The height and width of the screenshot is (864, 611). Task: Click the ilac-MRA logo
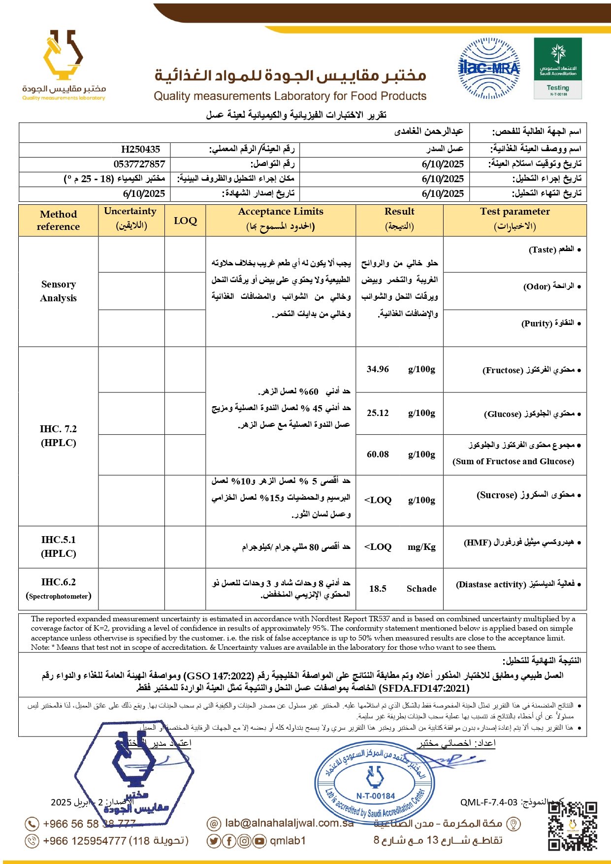489,68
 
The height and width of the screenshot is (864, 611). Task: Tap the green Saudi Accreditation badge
557,68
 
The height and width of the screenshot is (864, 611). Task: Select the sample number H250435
140,149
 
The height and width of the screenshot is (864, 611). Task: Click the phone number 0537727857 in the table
139,164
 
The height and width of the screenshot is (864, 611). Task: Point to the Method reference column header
58,220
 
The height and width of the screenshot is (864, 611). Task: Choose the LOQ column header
185,221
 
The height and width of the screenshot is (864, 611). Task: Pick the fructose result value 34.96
378,369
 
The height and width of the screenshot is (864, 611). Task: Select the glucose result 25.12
378,413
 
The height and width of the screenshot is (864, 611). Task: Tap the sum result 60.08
378,454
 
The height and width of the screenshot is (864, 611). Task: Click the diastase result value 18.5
378,589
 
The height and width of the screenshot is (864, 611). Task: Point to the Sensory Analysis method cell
58,291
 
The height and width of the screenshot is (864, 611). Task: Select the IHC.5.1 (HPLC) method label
58,546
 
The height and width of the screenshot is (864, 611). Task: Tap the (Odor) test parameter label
537,287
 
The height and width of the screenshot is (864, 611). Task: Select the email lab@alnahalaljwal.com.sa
289,823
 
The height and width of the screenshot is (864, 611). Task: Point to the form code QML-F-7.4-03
489,802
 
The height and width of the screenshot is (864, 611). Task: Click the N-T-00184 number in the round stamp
375,796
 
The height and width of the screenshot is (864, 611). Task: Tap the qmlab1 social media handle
288,841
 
